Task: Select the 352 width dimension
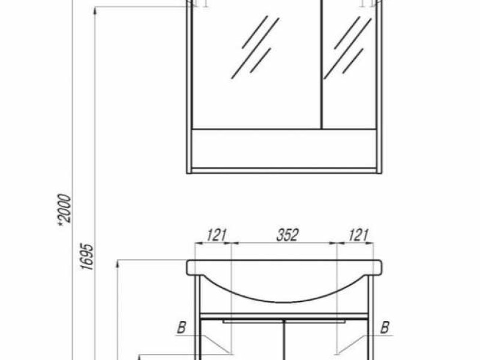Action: click(x=287, y=235)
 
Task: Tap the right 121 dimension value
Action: click(x=358, y=235)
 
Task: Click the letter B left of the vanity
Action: click(x=180, y=328)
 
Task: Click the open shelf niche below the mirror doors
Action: click(x=284, y=148)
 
